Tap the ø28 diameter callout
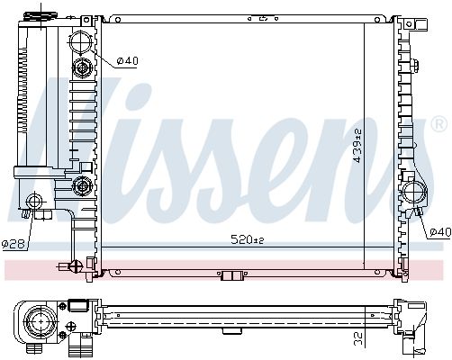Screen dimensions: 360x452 coord(12,244)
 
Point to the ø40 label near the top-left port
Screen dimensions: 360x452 coord(127,60)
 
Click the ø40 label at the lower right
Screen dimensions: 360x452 coord(438,232)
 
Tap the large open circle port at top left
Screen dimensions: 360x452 coord(83,41)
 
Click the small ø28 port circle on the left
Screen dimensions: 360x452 coord(36,201)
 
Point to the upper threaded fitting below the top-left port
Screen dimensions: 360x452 coord(83,67)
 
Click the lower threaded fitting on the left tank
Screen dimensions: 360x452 coord(83,186)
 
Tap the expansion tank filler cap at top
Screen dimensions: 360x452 coord(39,15)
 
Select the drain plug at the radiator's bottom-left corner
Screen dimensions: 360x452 coord(74,265)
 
